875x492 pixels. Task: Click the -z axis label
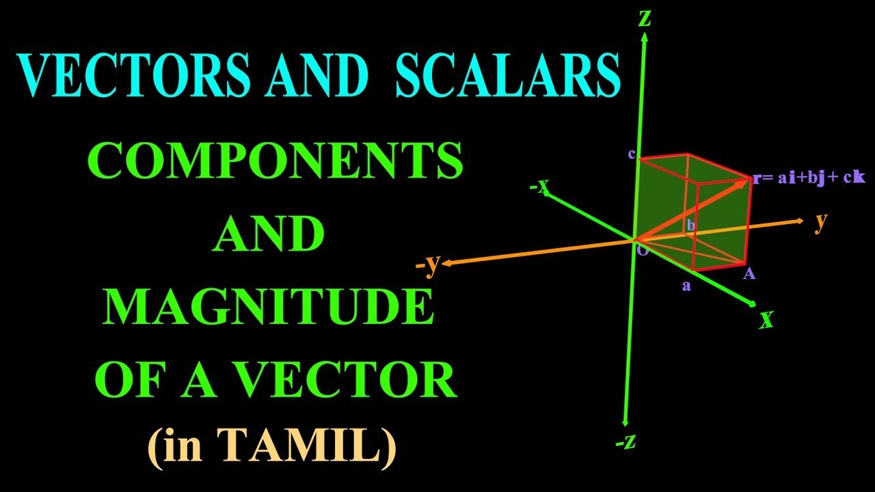coord(625,443)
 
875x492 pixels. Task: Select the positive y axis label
coord(821,222)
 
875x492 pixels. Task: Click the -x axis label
coord(539,186)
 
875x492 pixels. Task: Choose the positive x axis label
coord(767,319)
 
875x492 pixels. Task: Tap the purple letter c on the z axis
coord(632,154)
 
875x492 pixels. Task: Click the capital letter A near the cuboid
coord(749,274)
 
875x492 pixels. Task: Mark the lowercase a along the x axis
coord(686,286)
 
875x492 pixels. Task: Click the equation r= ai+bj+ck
coord(809,178)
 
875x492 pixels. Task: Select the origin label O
coord(643,251)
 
